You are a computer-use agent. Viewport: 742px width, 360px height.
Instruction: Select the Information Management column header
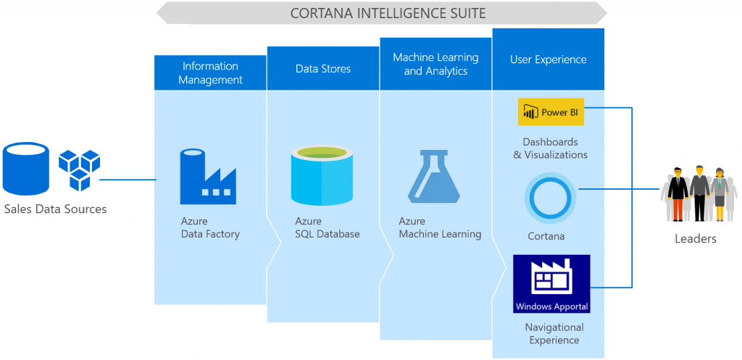tap(210, 72)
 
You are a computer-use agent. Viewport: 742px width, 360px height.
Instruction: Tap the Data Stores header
tap(323, 69)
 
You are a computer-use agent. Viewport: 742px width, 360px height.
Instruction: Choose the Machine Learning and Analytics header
tap(435, 64)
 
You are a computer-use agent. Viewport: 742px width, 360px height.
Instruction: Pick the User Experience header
tap(548, 59)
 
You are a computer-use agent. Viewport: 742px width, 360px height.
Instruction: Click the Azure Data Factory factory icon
tap(209, 176)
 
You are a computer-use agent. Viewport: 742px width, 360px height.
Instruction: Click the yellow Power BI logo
tap(551, 112)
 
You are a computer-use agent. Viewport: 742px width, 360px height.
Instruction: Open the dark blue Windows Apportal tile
tap(551, 283)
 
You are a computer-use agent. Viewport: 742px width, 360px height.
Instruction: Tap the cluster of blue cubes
tap(78, 169)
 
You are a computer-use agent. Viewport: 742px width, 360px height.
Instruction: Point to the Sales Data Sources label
tap(55, 209)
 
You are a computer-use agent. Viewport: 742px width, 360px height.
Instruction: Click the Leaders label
tap(695, 238)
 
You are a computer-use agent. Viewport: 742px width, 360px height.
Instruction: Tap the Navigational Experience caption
tap(554, 333)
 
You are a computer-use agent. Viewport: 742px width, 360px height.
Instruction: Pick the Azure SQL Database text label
tap(327, 227)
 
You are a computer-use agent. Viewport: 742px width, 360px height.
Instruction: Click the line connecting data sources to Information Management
tap(128, 179)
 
